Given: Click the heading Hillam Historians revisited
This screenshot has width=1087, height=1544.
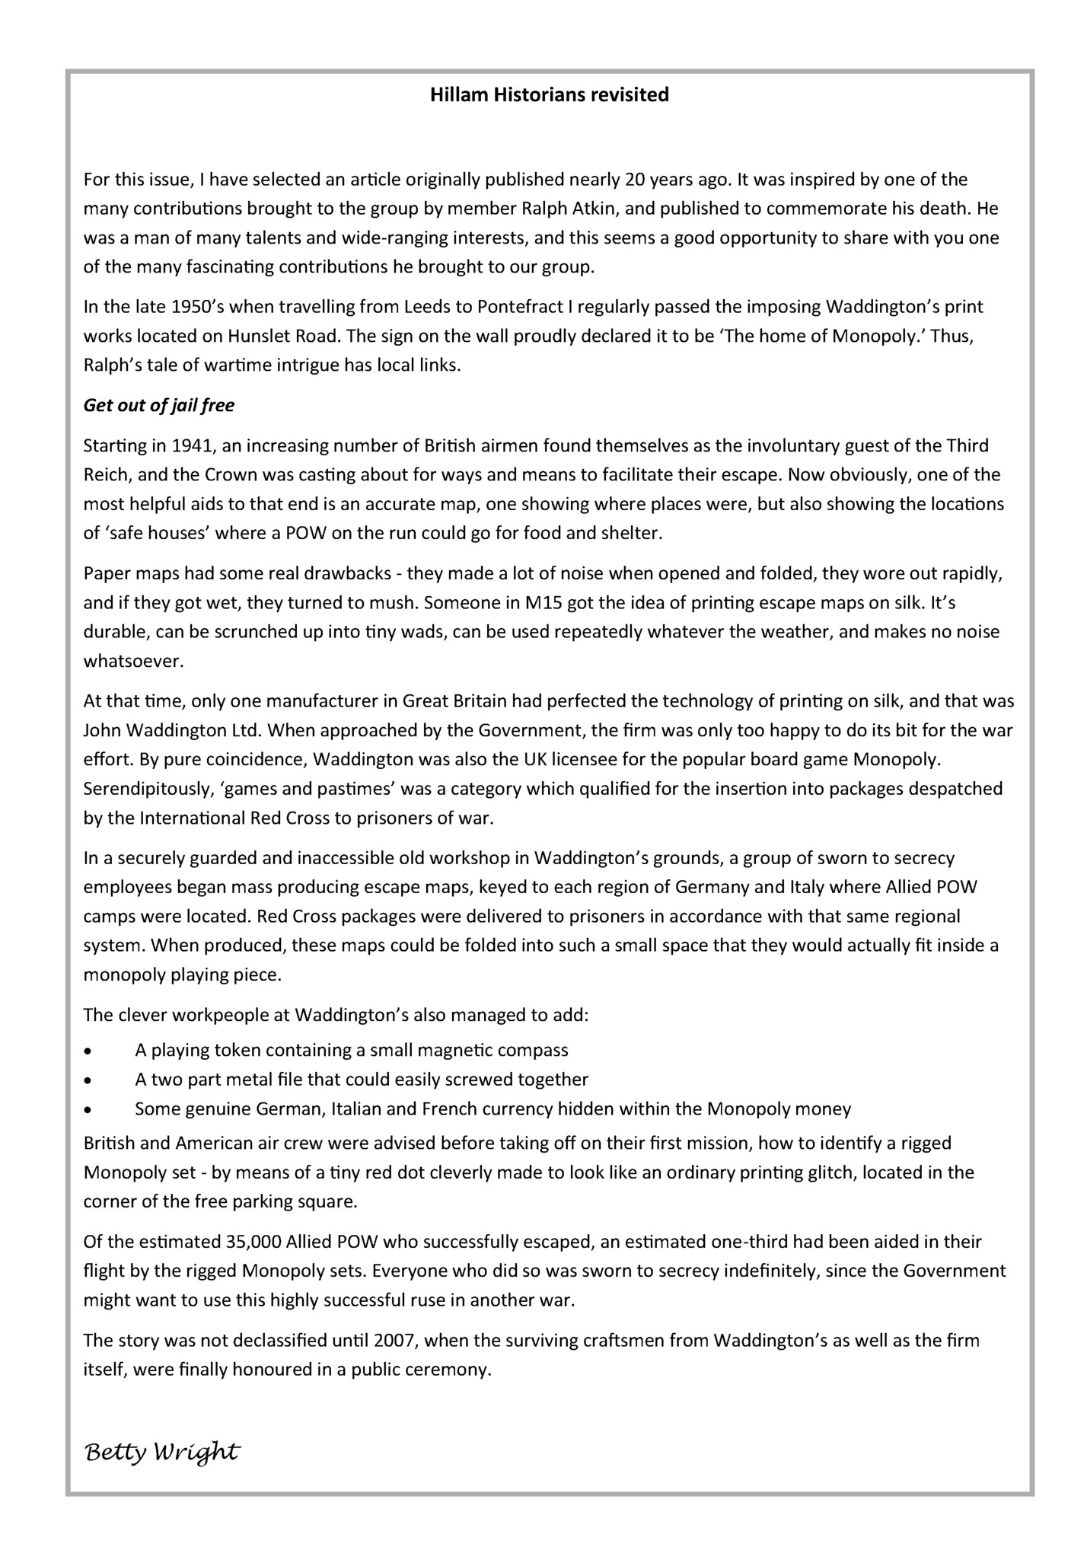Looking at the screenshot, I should coord(549,95).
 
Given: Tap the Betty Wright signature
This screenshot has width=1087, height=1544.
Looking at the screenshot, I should coord(161,1453).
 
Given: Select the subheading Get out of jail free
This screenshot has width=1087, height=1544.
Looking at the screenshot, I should coord(158,406).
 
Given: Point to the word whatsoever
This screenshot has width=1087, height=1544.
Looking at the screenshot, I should coord(133,661).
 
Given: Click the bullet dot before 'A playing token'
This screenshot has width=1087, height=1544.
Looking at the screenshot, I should coord(89,1051).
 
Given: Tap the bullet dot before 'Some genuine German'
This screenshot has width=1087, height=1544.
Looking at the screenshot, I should coord(89,1110).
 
